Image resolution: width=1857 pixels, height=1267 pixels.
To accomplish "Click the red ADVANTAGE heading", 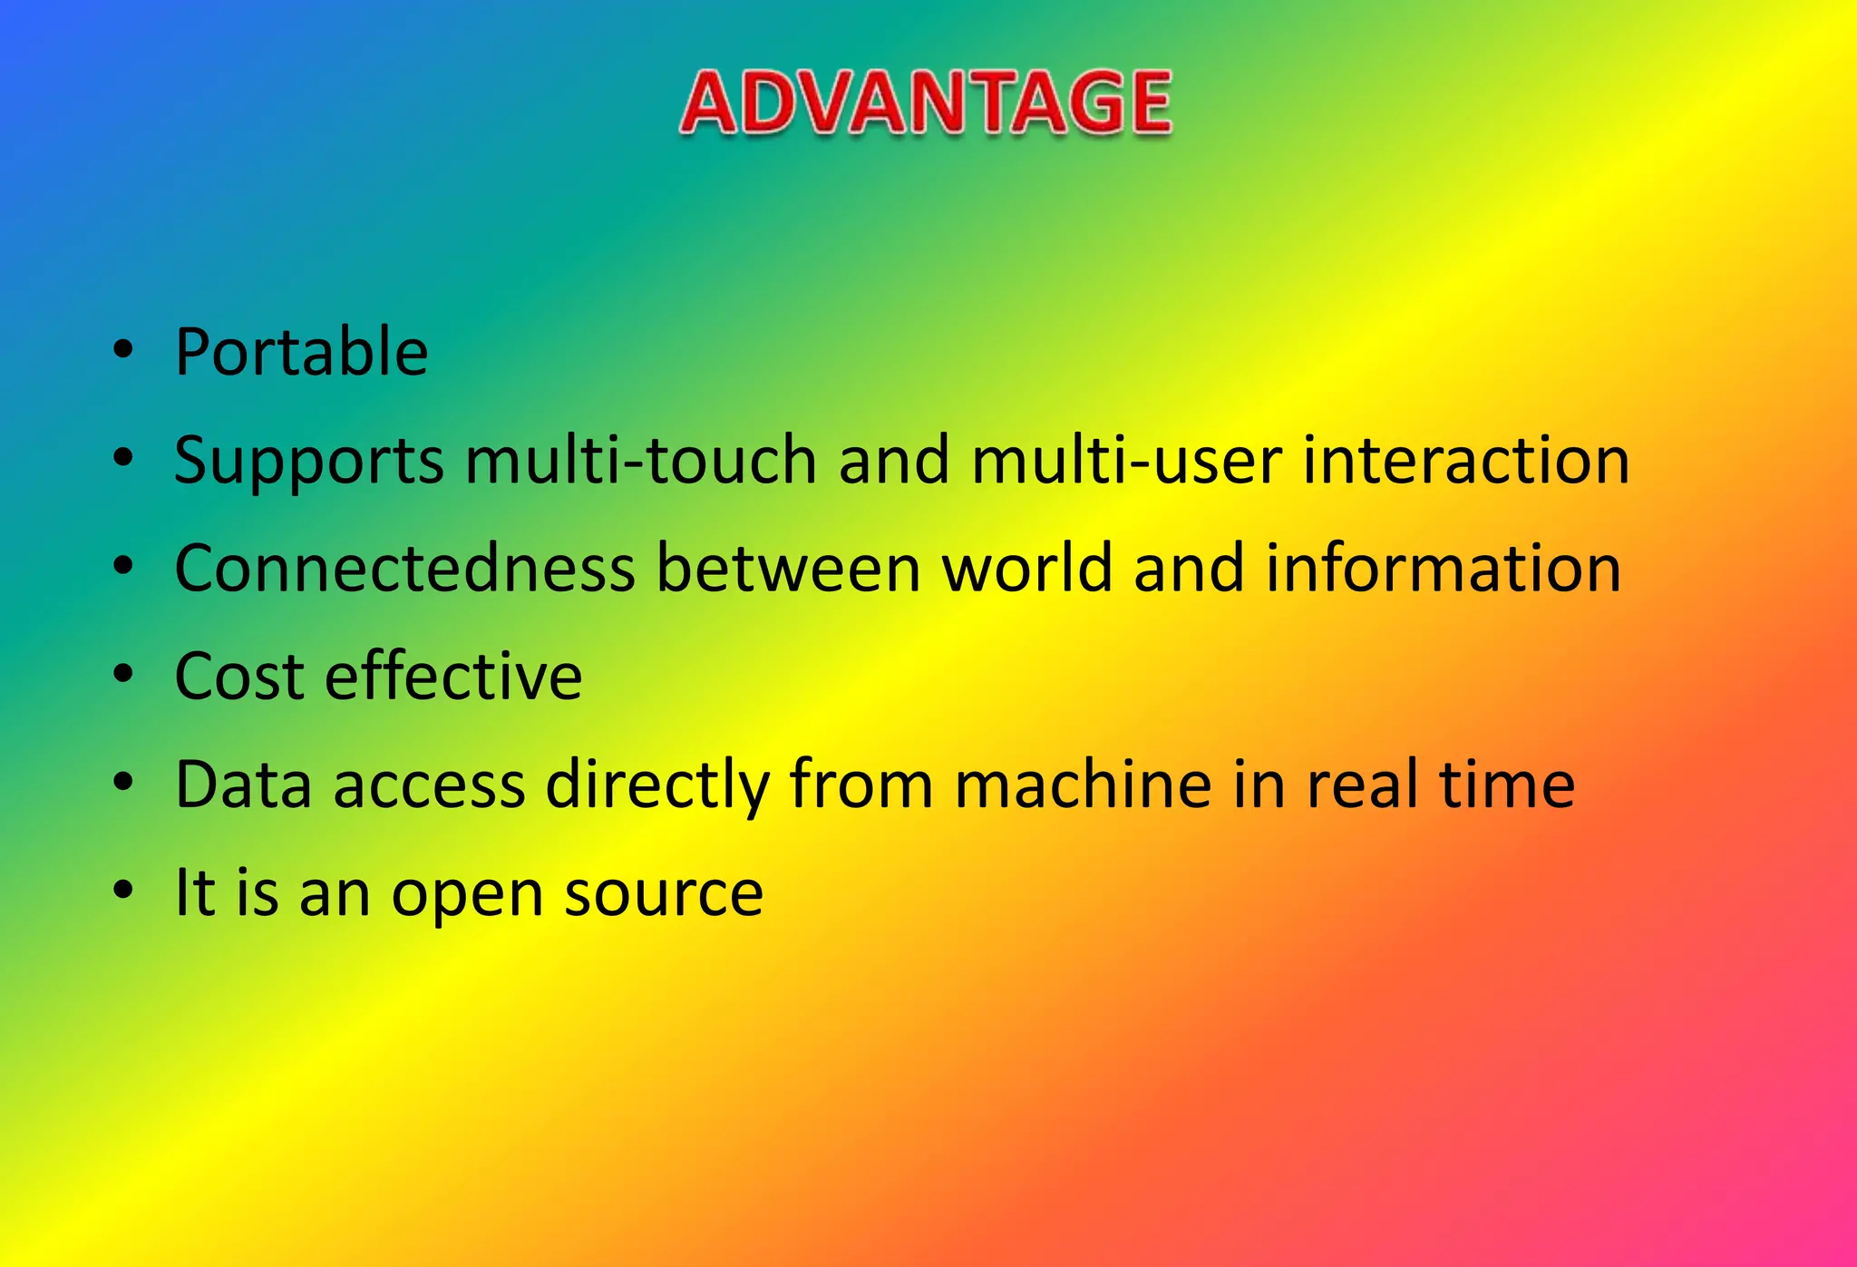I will click(926, 103).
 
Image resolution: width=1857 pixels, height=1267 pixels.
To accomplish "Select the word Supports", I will click(308, 461).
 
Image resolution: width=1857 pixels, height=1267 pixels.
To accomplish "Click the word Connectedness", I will click(404, 568).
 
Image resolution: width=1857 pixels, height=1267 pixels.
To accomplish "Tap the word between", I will click(788, 568).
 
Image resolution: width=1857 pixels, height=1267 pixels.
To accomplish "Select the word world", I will click(1027, 568).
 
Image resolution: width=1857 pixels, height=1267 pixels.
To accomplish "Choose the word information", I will click(1443, 568).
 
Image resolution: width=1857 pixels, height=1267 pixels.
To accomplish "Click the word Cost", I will click(238, 677).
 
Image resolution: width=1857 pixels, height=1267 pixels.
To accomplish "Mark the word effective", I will click(453, 677).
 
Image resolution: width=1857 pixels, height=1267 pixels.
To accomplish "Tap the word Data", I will click(243, 785).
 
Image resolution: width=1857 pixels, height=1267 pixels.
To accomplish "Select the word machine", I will click(1083, 785).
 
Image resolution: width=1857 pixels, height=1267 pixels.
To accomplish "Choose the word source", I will click(664, 894).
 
